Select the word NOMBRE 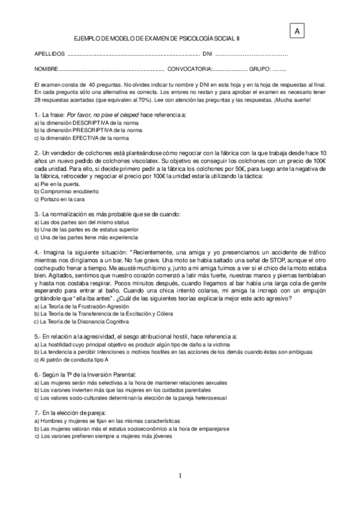(x=47, y=68)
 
